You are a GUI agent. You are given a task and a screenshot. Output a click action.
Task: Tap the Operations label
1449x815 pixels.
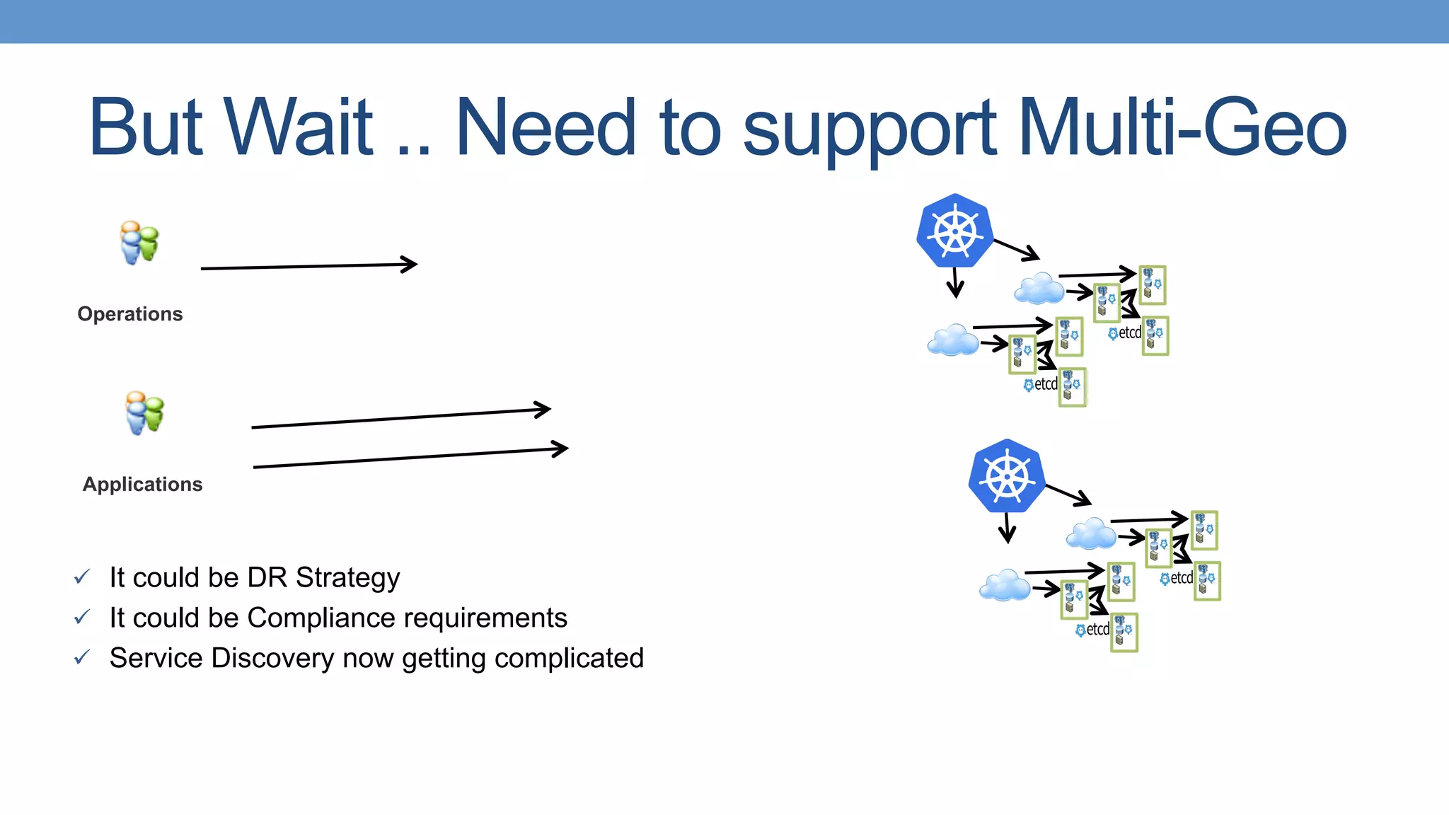click(130, 314)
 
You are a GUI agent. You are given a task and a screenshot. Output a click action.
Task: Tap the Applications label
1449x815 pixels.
click(143, 485)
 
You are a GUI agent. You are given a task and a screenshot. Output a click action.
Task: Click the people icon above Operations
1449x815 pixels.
click(139, 243)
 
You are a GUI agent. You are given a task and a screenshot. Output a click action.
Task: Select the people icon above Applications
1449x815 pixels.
click(144, 412)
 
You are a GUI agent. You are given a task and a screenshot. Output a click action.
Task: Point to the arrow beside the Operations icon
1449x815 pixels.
click(308, 267)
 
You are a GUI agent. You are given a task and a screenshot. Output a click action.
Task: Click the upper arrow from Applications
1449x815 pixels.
click(400, 418)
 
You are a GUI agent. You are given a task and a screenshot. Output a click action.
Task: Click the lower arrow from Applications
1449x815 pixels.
click(410, 458)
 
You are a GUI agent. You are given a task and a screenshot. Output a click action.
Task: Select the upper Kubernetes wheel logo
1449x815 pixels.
click(954, 231)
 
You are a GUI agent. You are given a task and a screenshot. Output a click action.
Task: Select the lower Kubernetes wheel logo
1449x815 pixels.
click(1007, 476)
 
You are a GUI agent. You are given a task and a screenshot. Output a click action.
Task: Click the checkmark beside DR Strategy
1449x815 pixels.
click(82, 577)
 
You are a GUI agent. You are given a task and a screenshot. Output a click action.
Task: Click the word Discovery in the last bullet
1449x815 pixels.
click(272, 659)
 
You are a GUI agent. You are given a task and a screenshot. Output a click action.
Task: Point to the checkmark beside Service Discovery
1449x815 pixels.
click(82, 658)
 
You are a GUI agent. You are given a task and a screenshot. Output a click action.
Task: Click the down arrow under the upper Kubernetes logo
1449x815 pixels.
click(955, 282)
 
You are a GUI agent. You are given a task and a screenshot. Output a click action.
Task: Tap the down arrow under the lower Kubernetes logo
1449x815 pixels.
click(1008, 528)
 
